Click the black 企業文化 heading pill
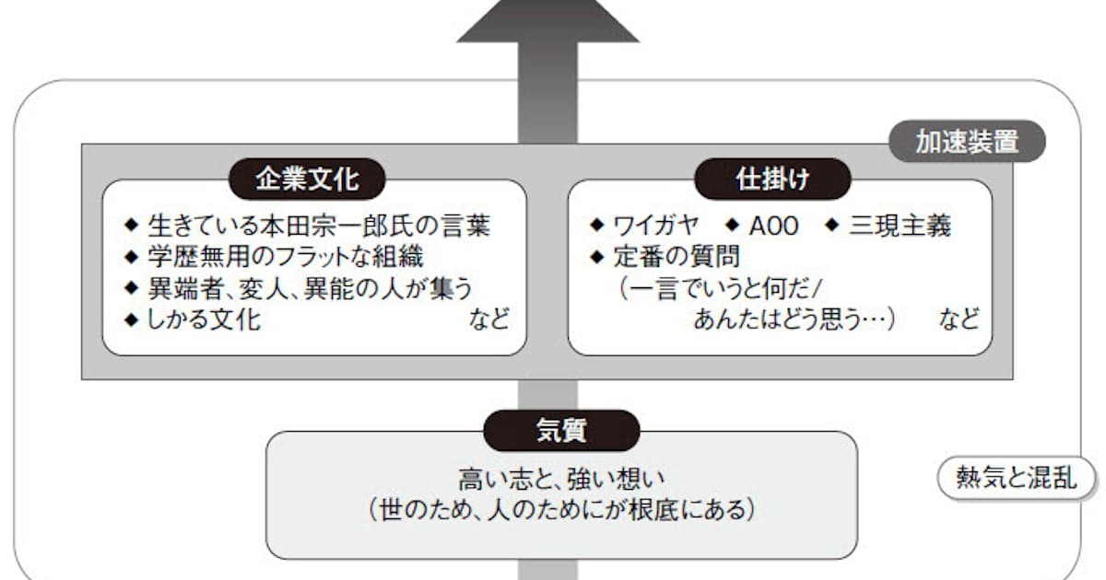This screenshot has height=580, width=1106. pos(307,179)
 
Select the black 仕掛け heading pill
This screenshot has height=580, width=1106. pos(771,179)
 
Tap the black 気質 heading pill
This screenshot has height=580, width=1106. pos(561,430)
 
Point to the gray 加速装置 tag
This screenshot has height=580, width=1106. pos(967,142)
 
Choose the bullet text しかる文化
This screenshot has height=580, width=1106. pos(204,319)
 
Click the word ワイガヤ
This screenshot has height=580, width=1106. pos(656,226)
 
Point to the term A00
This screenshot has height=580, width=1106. pos(773,226)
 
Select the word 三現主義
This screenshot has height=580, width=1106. pos(900,226)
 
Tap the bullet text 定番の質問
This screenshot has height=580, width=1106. pos(677,257)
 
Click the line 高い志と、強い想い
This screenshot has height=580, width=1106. pos(561,480)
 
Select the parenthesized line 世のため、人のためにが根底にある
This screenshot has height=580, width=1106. pos(561,509)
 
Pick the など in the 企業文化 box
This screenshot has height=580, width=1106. pos(488,319)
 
